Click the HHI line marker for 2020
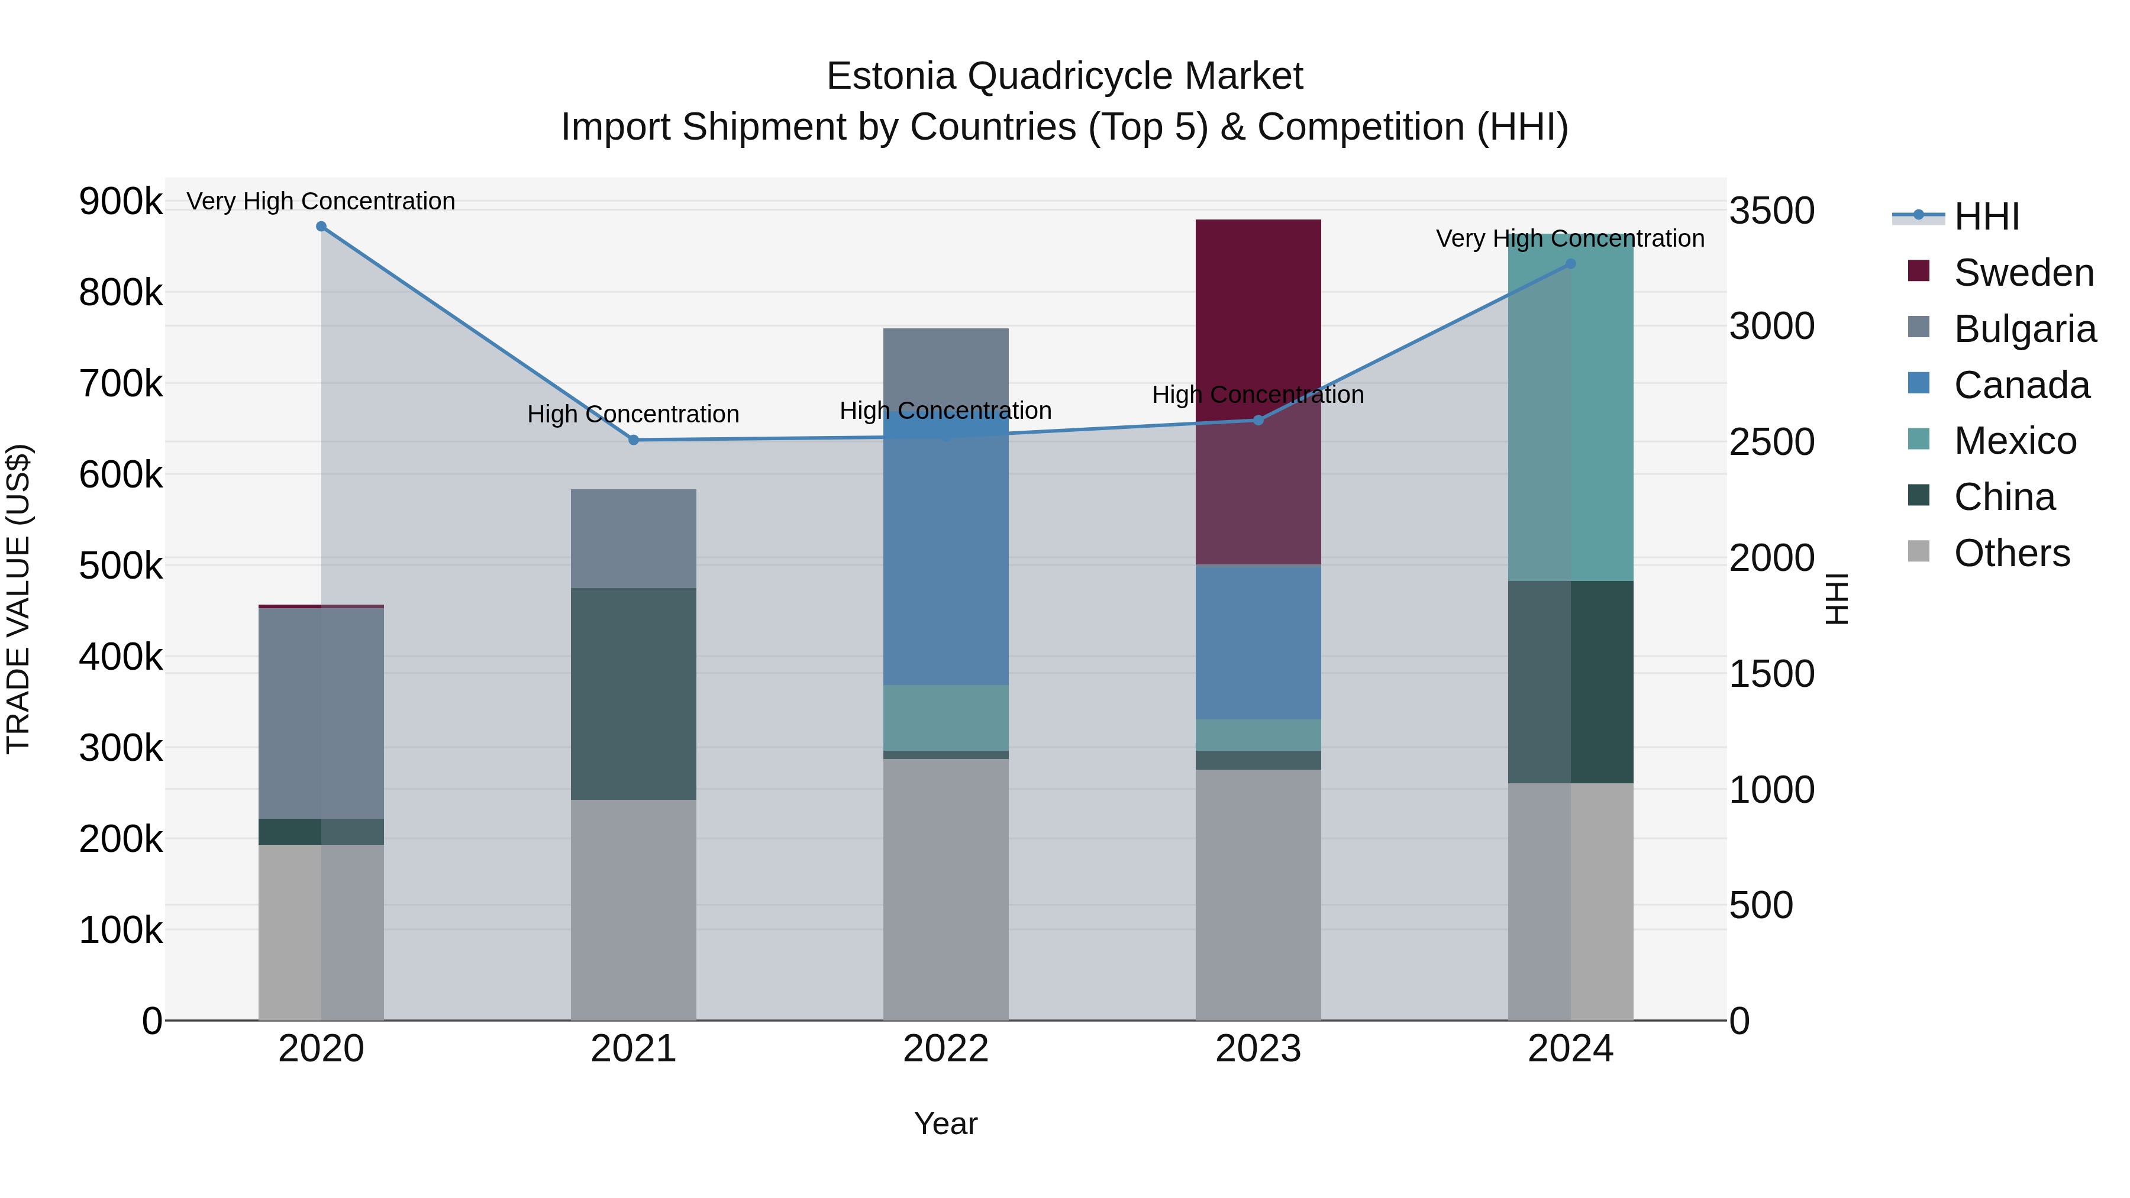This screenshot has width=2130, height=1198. (x=321, y=227)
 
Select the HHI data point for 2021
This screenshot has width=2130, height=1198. (x=633, y=440)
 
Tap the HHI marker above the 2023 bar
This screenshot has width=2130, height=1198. (x=1258, y=420)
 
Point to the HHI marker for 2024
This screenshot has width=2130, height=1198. (x=1571, y=264)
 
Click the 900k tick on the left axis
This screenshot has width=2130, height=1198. (x=121, y=201)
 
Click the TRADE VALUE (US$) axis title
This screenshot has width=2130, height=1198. (x=18, y=599)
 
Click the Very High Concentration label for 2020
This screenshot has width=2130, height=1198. (x=321, y=201)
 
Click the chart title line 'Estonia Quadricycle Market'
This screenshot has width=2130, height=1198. (x=1064, y=76)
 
